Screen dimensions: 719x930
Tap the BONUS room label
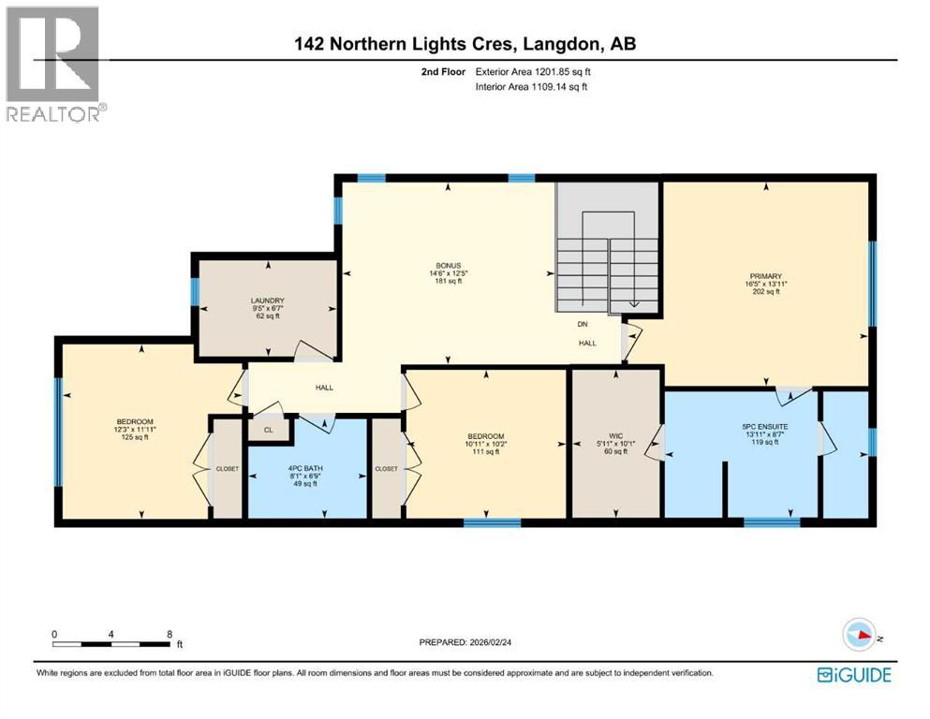click(x=453, y=265)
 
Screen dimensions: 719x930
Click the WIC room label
click(x=614, y=435)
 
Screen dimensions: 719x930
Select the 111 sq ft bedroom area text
click(x=486, y=452)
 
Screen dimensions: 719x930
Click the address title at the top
click(x=465, y=44)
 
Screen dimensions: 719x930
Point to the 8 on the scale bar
click(x=170, y=634)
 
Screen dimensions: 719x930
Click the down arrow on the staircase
click(x=635, y=301)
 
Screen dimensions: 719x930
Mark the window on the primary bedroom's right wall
click(x=873, y=284)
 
